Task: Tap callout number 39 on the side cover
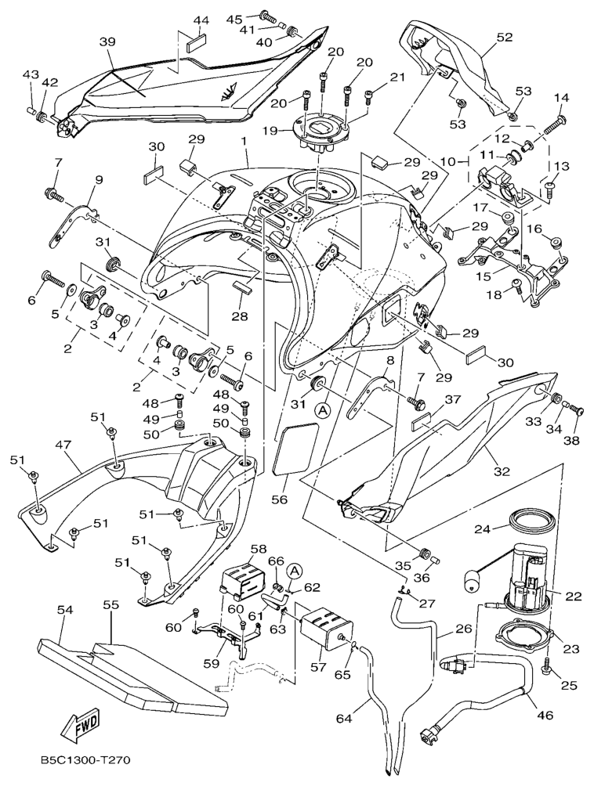click(x=107, y=41)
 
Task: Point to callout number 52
click(x=505, y=36)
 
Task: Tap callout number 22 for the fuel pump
click(x=574, y=597)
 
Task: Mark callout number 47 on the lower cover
click(x=61, y=444)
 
